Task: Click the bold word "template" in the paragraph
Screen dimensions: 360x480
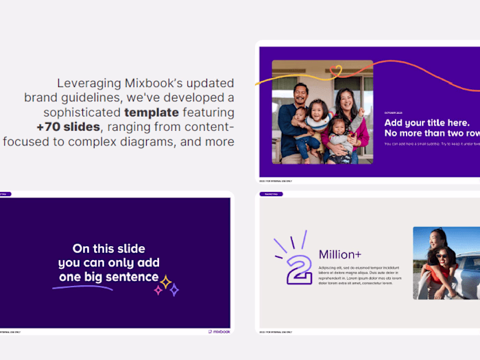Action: point(151,112)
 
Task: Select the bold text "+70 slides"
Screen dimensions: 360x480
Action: point(68,127)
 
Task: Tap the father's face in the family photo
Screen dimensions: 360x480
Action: point(300,93)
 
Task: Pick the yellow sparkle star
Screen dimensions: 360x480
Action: point(165,281)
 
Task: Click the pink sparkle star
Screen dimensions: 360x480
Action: point(158,290)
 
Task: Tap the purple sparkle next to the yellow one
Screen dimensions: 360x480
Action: point(173,289)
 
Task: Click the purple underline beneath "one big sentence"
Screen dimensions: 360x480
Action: point(82,287)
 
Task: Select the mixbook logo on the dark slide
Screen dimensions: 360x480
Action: point(219,332)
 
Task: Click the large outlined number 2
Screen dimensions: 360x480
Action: point(299,269)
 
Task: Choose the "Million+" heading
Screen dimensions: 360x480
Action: point(340,254)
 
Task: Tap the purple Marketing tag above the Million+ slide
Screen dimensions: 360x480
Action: point(271,194)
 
